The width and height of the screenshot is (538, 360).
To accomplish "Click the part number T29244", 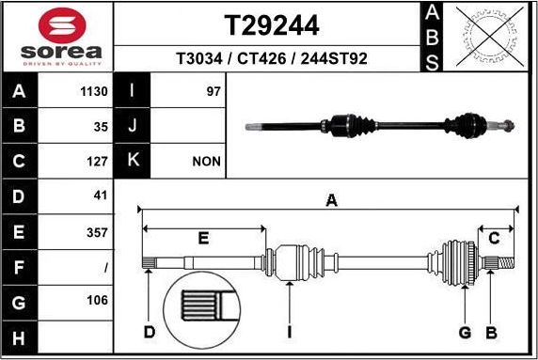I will click(x=271, y=23).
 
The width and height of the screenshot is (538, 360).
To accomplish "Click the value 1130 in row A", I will click(x=95, y=92).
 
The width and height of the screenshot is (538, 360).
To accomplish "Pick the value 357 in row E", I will click(x=97, y=232).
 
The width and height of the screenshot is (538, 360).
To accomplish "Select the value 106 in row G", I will click(x=97, y=302).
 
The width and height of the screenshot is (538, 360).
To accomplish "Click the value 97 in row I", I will click(x=213, y=92).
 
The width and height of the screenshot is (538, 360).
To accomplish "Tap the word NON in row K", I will click(x=206, y=162).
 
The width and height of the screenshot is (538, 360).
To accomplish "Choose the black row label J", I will click(x=132, y=127).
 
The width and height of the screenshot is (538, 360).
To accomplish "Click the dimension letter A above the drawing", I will click(x=330, y=199).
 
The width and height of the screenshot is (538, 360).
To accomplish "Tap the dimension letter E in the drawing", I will click(x=203, y=239).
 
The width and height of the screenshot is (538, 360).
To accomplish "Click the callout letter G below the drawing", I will click(x=464, y=332).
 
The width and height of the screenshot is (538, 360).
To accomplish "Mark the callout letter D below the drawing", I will click(x=149, y=332).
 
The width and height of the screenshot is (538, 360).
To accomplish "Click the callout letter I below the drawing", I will click(x=290, y=332).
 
